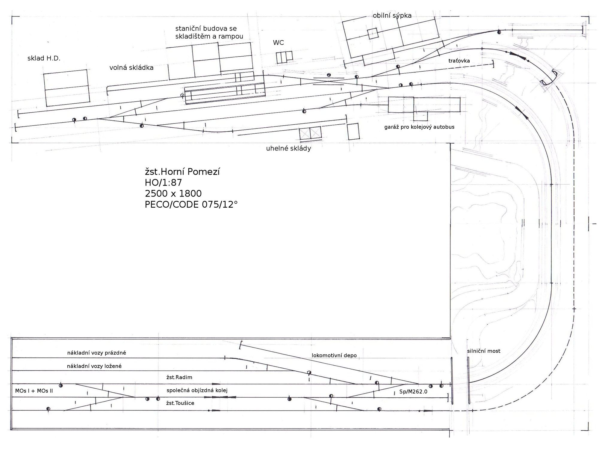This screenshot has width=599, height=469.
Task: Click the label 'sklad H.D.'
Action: pos(44,58)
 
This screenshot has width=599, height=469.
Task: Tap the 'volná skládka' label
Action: pos(131,67)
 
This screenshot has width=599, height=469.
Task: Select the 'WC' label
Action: pos(278,43)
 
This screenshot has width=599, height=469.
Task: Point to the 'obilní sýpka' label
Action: pos(392,16)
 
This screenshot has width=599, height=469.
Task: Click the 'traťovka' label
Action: pos(459,61)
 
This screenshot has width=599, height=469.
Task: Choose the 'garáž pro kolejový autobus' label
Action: pos(419,127)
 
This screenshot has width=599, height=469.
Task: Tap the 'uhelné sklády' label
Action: pos(288,148)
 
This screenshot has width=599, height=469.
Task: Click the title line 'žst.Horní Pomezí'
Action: pos(182,172)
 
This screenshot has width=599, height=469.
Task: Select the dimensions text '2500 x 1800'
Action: pos(173,194)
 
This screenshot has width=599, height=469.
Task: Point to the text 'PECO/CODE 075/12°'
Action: pos(191,204)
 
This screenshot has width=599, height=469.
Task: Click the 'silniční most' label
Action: pos(484,351)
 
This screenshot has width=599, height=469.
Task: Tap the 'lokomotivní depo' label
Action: pos(334,355)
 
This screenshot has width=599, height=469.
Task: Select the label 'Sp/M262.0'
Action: pos(413,392)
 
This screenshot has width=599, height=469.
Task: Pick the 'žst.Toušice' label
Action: pos(180,403)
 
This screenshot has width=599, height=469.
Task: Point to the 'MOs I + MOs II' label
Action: pos(34,391)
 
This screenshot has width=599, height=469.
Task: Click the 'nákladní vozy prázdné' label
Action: pos(96,353)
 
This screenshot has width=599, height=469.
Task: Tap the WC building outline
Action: pos(284,57)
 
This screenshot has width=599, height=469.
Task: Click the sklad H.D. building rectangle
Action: pos(66,88)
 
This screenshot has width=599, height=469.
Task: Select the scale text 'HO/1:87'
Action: pos(164,183)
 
